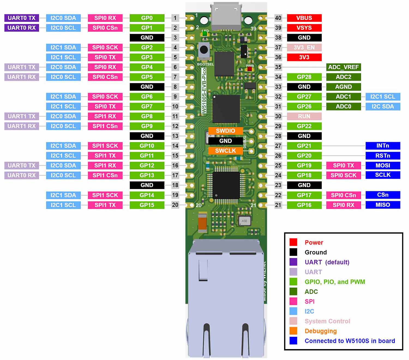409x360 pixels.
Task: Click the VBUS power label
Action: [304, 18]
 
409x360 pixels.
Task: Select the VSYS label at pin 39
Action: [304, 28]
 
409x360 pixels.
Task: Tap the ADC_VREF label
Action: [343, 67]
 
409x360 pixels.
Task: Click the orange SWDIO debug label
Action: [225, 131]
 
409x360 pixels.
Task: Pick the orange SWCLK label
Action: [225, 151]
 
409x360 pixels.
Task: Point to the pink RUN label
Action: [304, 116]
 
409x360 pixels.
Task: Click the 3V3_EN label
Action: [304, 47]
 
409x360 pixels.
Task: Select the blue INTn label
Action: [383, 146]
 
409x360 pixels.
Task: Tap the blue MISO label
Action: [383, 205]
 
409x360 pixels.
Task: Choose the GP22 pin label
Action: [304, 126]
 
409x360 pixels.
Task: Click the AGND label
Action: [343, 87]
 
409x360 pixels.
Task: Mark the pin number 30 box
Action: [278, 116]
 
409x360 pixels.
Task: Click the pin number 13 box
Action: [175, 136]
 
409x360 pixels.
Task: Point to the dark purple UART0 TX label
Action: [22, 18]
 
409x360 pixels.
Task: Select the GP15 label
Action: [147, 205]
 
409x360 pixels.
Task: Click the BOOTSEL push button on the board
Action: [204, 50]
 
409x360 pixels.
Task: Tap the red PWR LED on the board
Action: [249, 69]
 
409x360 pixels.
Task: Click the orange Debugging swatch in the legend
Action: [293, 331]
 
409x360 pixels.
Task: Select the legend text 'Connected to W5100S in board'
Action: [350, 341]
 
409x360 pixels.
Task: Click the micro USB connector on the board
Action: [226, 16]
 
